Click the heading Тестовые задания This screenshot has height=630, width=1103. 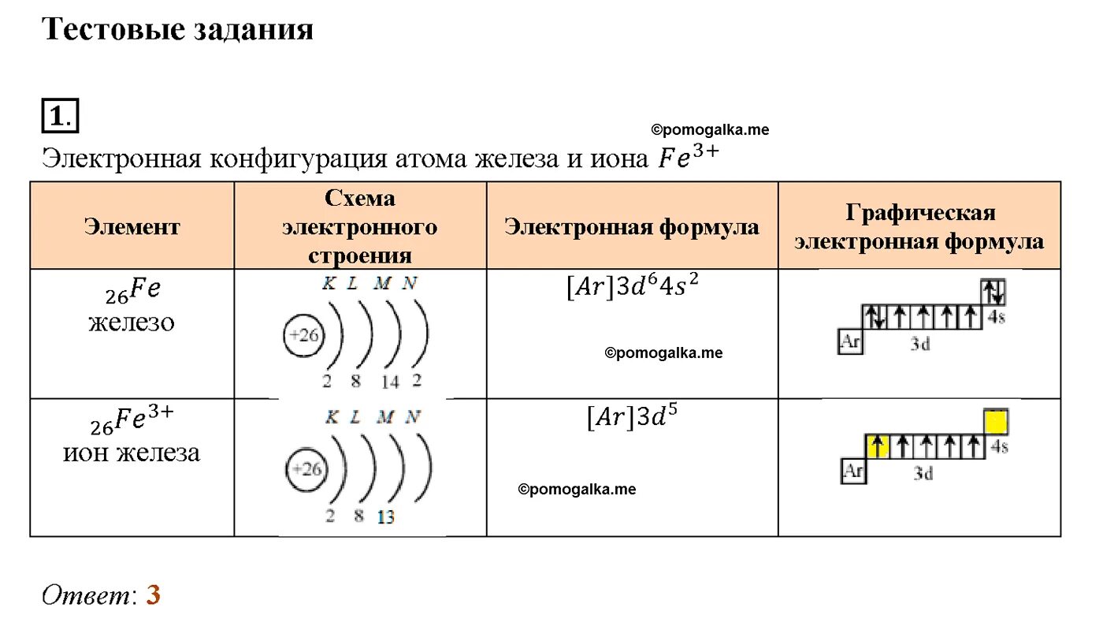[177, 30]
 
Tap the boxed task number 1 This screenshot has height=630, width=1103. [60, 117]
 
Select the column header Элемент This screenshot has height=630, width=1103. [132, 227]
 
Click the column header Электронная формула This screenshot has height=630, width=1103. [632, 227]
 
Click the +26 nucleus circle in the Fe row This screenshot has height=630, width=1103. [303, 336]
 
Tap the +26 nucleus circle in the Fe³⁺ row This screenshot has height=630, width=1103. [305, 469]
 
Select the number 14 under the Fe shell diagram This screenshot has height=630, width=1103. [389, 382]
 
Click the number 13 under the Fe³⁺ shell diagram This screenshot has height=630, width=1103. [386, 518]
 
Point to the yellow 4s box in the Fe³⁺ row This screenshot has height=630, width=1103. [997, 423]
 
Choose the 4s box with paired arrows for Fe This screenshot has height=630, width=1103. [993, 293]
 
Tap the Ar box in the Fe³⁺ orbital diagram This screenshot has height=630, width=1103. [853, 472]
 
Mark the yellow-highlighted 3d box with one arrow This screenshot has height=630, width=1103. [878, 446]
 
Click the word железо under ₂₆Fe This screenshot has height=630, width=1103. [132, 322]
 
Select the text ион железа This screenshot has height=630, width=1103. [132, 453]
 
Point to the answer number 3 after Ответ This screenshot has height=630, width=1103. [153, 595]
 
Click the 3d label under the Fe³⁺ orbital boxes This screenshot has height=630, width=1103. [923, 474]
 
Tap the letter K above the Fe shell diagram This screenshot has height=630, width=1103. [329, 284]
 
